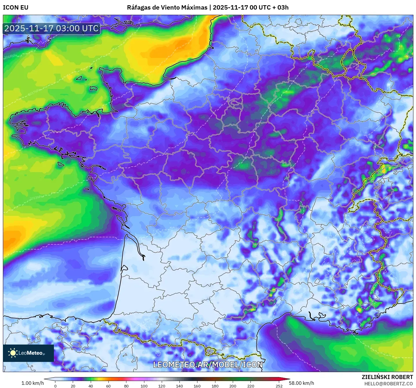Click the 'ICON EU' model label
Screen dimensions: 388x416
[x=16, y=8]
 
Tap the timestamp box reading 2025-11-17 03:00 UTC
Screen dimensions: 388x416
[x=52, y=28]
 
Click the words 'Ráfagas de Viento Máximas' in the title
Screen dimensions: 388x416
[x=167, y=8]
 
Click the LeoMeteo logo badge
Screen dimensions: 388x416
[x=28, y=353]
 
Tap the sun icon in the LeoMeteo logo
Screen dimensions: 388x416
[x=13, y=353]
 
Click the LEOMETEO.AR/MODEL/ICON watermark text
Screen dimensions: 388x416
[x=208, y=365]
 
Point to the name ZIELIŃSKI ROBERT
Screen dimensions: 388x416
[x=387, y=377]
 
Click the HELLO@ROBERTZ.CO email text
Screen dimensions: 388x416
[x=388, y=384]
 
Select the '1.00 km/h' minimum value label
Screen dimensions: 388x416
[x=32, y=383]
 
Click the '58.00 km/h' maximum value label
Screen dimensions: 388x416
[x=301, y=383]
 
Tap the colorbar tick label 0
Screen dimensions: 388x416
[x=55, y=386]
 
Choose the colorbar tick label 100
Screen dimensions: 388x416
[x=144, y=386]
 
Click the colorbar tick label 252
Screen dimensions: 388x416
[x=279, y=386]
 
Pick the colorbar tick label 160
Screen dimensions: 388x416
[x=197, y=386]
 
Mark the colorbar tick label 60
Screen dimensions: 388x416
[x=108, y=386]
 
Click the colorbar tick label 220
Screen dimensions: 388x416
[x=250, y=386]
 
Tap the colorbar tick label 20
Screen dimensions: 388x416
[x=73, y=386]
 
